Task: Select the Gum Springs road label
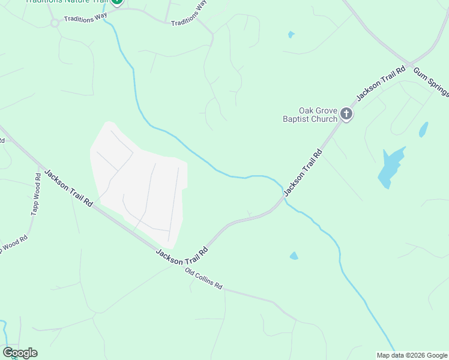[x=431, y=82]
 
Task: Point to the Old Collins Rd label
[x=203, y=280]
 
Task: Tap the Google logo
[x=20, y=353]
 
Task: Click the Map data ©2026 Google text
[x=412, y=355]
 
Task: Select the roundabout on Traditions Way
[x=55, y=23]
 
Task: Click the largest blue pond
[x=390, y=167]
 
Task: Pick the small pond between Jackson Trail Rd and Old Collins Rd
[x=294, y=256]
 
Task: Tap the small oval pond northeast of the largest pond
[x=423, y=129]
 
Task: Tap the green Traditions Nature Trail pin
[x=117, y=2]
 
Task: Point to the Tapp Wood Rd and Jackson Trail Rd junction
[x=41, y=167]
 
